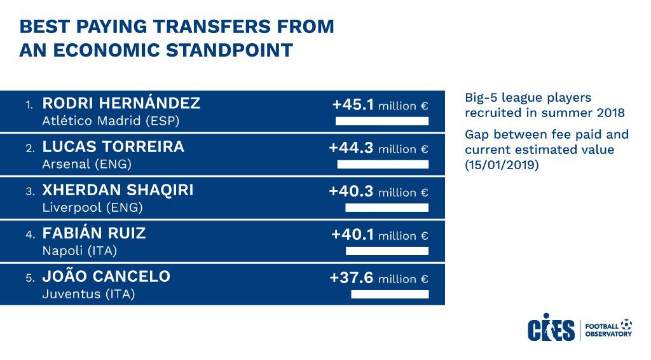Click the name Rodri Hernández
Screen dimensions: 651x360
(121, 103)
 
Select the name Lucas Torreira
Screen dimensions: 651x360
(113, 146)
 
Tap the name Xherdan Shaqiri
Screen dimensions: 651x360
(118, 190)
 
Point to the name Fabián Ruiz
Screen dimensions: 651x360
(94, 233)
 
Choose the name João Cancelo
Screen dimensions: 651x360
(106, 276)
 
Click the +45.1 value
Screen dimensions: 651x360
(353, 104)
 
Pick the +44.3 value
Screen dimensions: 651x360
(351, 148)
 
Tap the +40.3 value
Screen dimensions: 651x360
(351, 191)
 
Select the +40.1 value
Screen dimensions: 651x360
(352, 234)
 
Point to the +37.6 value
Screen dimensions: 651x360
(352, 277)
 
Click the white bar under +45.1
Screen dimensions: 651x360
(382, 121)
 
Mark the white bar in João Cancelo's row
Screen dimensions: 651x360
(390, 294)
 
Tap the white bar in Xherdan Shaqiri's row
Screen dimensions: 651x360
(387, 207)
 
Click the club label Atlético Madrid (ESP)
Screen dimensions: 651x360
(111, 121)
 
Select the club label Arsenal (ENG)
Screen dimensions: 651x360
(86, 165)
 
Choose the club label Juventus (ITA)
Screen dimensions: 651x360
(89, 294)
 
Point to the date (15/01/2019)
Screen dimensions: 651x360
(502, 165)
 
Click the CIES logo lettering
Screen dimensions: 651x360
(551, 328)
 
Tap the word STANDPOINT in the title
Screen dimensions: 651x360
(230, 50)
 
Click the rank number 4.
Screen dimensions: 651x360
(29, 235)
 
